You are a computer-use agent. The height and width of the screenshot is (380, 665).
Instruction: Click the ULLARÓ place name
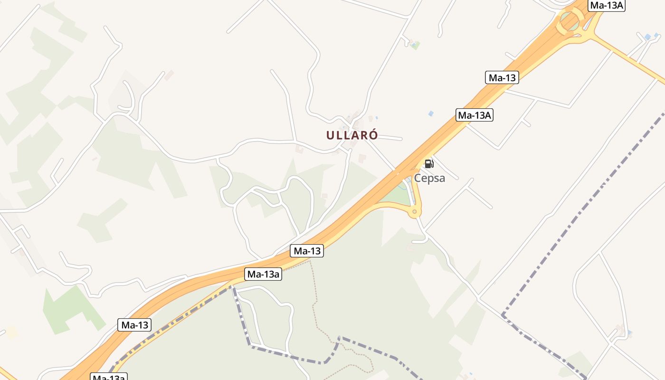tap(352, 135)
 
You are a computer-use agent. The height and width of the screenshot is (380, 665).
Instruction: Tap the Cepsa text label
tap(429, 178)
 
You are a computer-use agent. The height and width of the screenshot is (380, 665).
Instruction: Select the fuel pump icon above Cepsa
tap(429, 164)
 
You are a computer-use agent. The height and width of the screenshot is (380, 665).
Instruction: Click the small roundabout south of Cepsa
tap(415, 211)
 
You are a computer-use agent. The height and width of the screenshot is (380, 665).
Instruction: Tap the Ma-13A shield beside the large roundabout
tap(606, 5)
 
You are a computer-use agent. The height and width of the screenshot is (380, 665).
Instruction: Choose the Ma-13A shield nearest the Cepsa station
tap(474, 115)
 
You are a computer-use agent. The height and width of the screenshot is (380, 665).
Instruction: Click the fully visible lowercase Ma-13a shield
tap(264, 274)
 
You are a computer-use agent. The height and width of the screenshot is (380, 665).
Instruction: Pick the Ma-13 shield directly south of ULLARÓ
tap(307, 251)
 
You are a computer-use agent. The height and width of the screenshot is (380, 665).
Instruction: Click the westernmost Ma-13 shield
tap(134, 325)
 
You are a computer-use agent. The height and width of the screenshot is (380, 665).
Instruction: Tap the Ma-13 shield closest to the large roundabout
tap(502, 77)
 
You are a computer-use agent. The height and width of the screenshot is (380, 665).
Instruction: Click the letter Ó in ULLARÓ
tap(373, 135)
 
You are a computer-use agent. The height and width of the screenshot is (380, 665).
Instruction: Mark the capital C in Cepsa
tap(418, 178)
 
